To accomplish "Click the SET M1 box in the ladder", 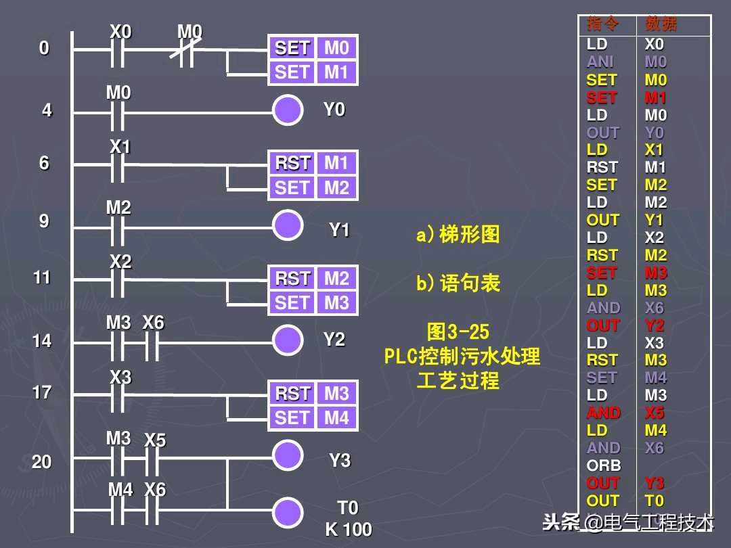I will click(x=313, y=73).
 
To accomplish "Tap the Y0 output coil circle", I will click(x=288, y=110).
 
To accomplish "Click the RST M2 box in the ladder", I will click(x=313, y=279).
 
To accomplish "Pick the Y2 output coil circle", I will click(x=288, y=340).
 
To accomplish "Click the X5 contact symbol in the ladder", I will click(x=153, y=461).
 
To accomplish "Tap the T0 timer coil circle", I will click(x=288, y=511).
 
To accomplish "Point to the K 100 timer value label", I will click(x=349, y=530).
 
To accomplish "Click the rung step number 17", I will click(x=42, y=392).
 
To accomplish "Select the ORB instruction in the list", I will click(x=604, y=465).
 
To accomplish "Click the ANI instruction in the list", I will click(x=600, y=62).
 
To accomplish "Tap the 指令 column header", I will click(x=603, y=25).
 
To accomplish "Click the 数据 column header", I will click(x=661, y=25).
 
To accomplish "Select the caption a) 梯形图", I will click(x=458, y=235).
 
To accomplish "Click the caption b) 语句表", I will click(x=458, y=283).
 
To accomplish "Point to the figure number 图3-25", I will click(x=458, y=332).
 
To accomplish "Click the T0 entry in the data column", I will click(x=655, y=501).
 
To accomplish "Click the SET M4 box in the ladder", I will click(x=313, y=418).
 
